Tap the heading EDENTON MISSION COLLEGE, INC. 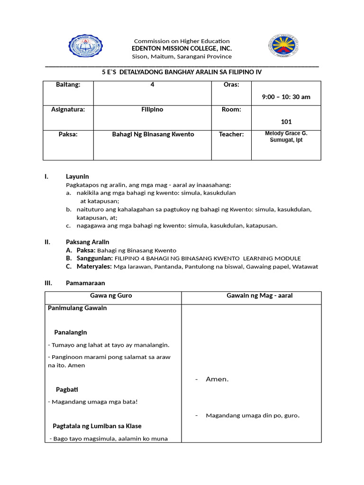tap(182, 48)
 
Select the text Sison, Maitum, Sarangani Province tap(182, 56)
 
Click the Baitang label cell tap(68, 85)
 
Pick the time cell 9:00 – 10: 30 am tap(286, 97)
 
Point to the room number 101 tap(286, 122)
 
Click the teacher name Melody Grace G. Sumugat tap(286, 137)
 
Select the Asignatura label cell tap(68, 109)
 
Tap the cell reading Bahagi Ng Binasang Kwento tap(153, 135)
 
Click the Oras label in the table tap(231, 85)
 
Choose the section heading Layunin tap(77, 177)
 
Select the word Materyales tap(94, 266)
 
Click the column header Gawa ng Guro tap(111, 296)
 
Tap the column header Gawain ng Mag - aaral tap(259, 296)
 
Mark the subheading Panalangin tap(71, 332)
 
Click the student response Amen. tap(217, 379)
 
